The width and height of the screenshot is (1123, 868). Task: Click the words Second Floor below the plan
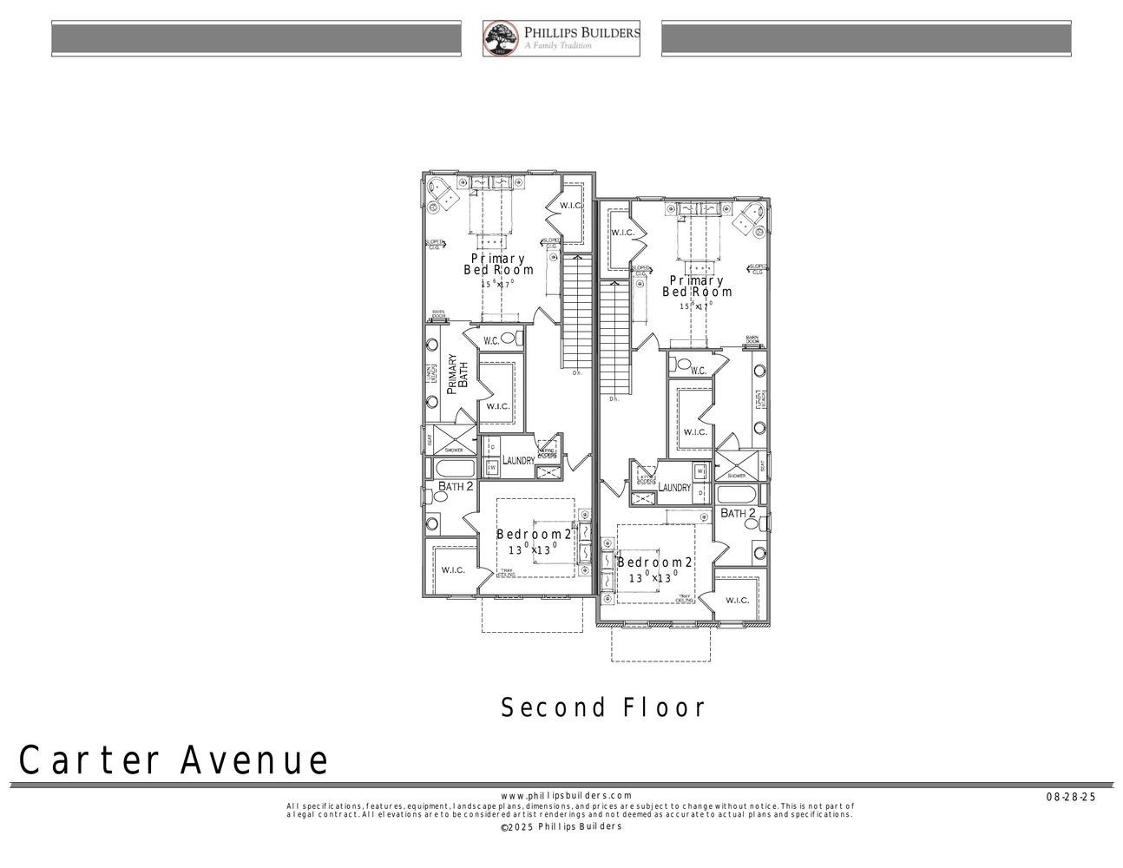(603, 707)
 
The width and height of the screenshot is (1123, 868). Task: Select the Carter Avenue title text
(174, 760)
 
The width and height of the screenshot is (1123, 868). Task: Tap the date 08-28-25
(1071, 797)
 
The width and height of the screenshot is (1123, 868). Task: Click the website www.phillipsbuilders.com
(567, 795)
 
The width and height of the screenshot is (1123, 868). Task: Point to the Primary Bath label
(456, 375)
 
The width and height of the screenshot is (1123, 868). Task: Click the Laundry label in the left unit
(518, 460)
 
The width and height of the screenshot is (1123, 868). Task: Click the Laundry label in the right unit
(674, 488)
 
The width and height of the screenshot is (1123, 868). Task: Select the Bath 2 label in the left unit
(455, 487)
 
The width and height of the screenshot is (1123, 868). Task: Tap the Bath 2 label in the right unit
(739, 514)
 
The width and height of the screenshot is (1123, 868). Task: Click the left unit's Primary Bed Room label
(498, 264)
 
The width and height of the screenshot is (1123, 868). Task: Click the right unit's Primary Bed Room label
(697, 286)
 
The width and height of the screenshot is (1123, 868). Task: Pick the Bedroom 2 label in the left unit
(534, 534)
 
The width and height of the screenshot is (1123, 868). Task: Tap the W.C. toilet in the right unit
(683, 365)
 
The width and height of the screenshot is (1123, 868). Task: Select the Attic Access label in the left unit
(548, 452)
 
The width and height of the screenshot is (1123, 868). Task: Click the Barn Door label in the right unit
(752, 339)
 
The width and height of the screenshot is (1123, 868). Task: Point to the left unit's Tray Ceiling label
(506, 572)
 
